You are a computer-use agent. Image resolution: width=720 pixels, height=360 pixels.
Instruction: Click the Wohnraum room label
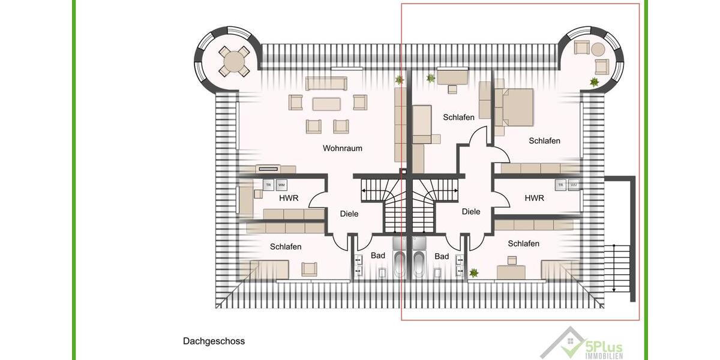click(x=342, y=148)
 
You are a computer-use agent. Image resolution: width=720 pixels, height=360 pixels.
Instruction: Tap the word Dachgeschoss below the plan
click(x=214, y=341)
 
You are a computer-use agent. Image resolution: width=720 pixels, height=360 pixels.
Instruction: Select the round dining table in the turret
click(x=233, y=61)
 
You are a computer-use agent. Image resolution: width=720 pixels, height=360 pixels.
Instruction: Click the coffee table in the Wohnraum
click(x=326, y=103)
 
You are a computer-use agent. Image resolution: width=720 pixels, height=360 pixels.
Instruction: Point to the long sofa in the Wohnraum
click(x=326, y=83)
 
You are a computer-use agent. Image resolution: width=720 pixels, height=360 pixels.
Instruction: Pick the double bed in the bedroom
click(x=517, y=107)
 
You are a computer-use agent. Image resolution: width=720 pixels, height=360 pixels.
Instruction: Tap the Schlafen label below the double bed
click(x=544, y=141)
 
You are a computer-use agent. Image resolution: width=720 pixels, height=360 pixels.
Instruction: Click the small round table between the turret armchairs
click(x=598, y=48)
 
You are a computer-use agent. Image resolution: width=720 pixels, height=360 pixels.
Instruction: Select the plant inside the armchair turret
click(x=594, y=82)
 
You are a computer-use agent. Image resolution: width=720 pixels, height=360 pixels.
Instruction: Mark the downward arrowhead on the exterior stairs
click(x=614, y=289)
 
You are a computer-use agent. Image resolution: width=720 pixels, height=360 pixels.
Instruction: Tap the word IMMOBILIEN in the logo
click(x=604, y=356)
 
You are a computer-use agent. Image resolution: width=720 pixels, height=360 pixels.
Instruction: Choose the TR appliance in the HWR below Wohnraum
click(x=268, y=185)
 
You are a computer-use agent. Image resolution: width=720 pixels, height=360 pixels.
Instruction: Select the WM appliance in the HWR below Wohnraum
click(x=281, y=185)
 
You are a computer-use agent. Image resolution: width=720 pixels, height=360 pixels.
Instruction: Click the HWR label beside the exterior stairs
click(x=534, y=198)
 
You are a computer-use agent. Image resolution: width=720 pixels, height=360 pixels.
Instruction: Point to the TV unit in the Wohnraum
click(x=275, y=169)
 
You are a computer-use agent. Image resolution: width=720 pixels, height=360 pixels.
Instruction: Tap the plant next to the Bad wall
click(x=474, y=273)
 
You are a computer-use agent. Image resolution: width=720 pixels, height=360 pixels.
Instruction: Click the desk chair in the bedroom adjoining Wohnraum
click(x=451, y=89)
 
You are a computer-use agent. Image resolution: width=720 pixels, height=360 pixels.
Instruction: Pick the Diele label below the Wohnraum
click(x=349, y=214)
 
